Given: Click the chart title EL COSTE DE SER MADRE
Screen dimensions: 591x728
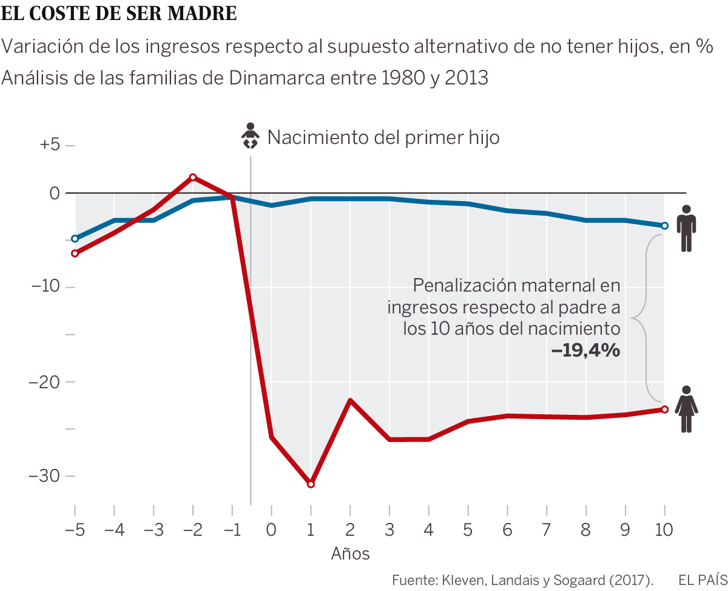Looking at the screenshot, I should [x=120, y=13].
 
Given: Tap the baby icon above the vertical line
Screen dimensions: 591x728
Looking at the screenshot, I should [x=250, y=136].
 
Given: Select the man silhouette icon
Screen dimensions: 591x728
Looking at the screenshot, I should [x=686, y=228].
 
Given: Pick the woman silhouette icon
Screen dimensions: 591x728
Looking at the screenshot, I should [x=686, y=409].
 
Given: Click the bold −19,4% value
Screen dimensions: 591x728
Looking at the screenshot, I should [x=585, y=350].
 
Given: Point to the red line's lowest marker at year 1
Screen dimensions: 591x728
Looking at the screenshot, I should [x=311, y=484].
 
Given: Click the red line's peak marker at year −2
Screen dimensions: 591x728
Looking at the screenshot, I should [x=193, y=177].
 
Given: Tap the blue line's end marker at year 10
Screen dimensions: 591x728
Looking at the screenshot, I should [x=665, y=226].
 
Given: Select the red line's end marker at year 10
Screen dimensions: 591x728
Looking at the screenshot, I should [x=665, y=409].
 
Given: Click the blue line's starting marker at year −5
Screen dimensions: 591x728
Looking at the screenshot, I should [x=75, y=239].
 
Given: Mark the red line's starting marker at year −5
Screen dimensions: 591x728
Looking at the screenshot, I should [x=75, y=253].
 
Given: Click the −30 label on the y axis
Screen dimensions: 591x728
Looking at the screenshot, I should [x=45, y=476].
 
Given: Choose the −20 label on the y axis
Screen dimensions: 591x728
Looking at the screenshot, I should [x=45, y=381].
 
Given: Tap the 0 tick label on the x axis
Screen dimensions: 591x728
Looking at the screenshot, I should [x=271, y=530].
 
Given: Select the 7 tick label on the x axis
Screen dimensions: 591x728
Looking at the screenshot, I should [x=547, y=530].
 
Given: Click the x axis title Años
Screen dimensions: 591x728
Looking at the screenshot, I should [x=350, y=554].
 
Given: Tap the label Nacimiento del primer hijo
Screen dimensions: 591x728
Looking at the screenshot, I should [x=383, y=137].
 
